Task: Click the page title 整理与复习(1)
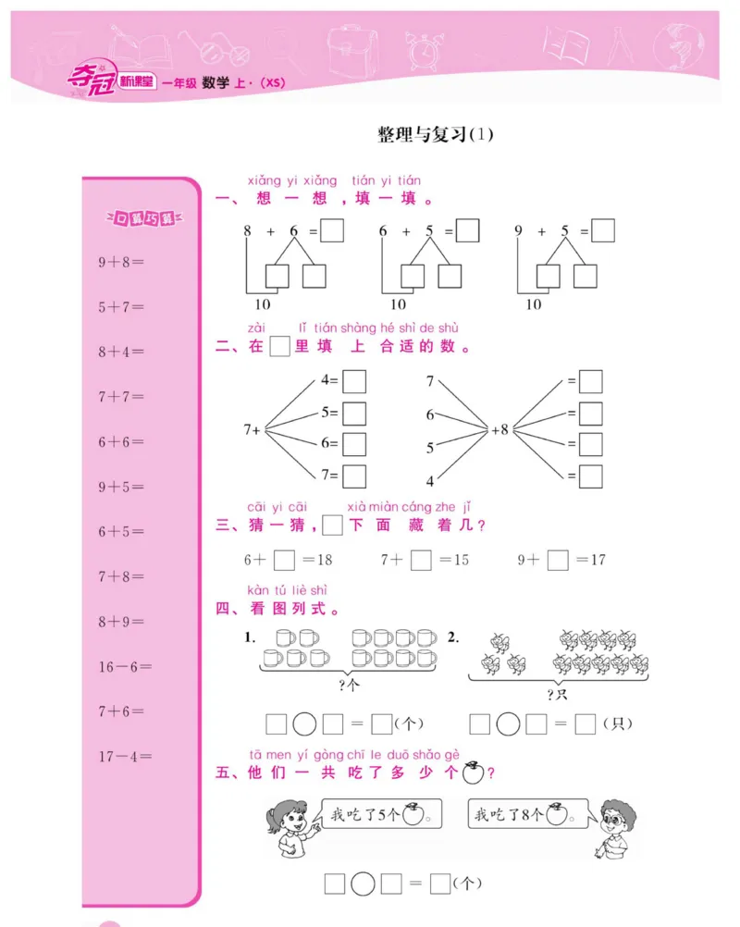pos(436,134)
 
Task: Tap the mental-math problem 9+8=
pos(122,262)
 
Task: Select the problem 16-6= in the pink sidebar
pos(126,666)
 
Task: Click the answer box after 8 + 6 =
pos(332,230)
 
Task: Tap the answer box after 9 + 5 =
pos(603,230)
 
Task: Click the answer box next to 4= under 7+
pos(354,380)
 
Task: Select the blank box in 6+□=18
pos(285,560)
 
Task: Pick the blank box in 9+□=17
pos(558,560)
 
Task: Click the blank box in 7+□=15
pos(422,560)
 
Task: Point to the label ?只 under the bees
pos(557,694)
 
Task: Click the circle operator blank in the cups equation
pos(304,723)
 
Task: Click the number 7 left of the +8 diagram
pos(430,381)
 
